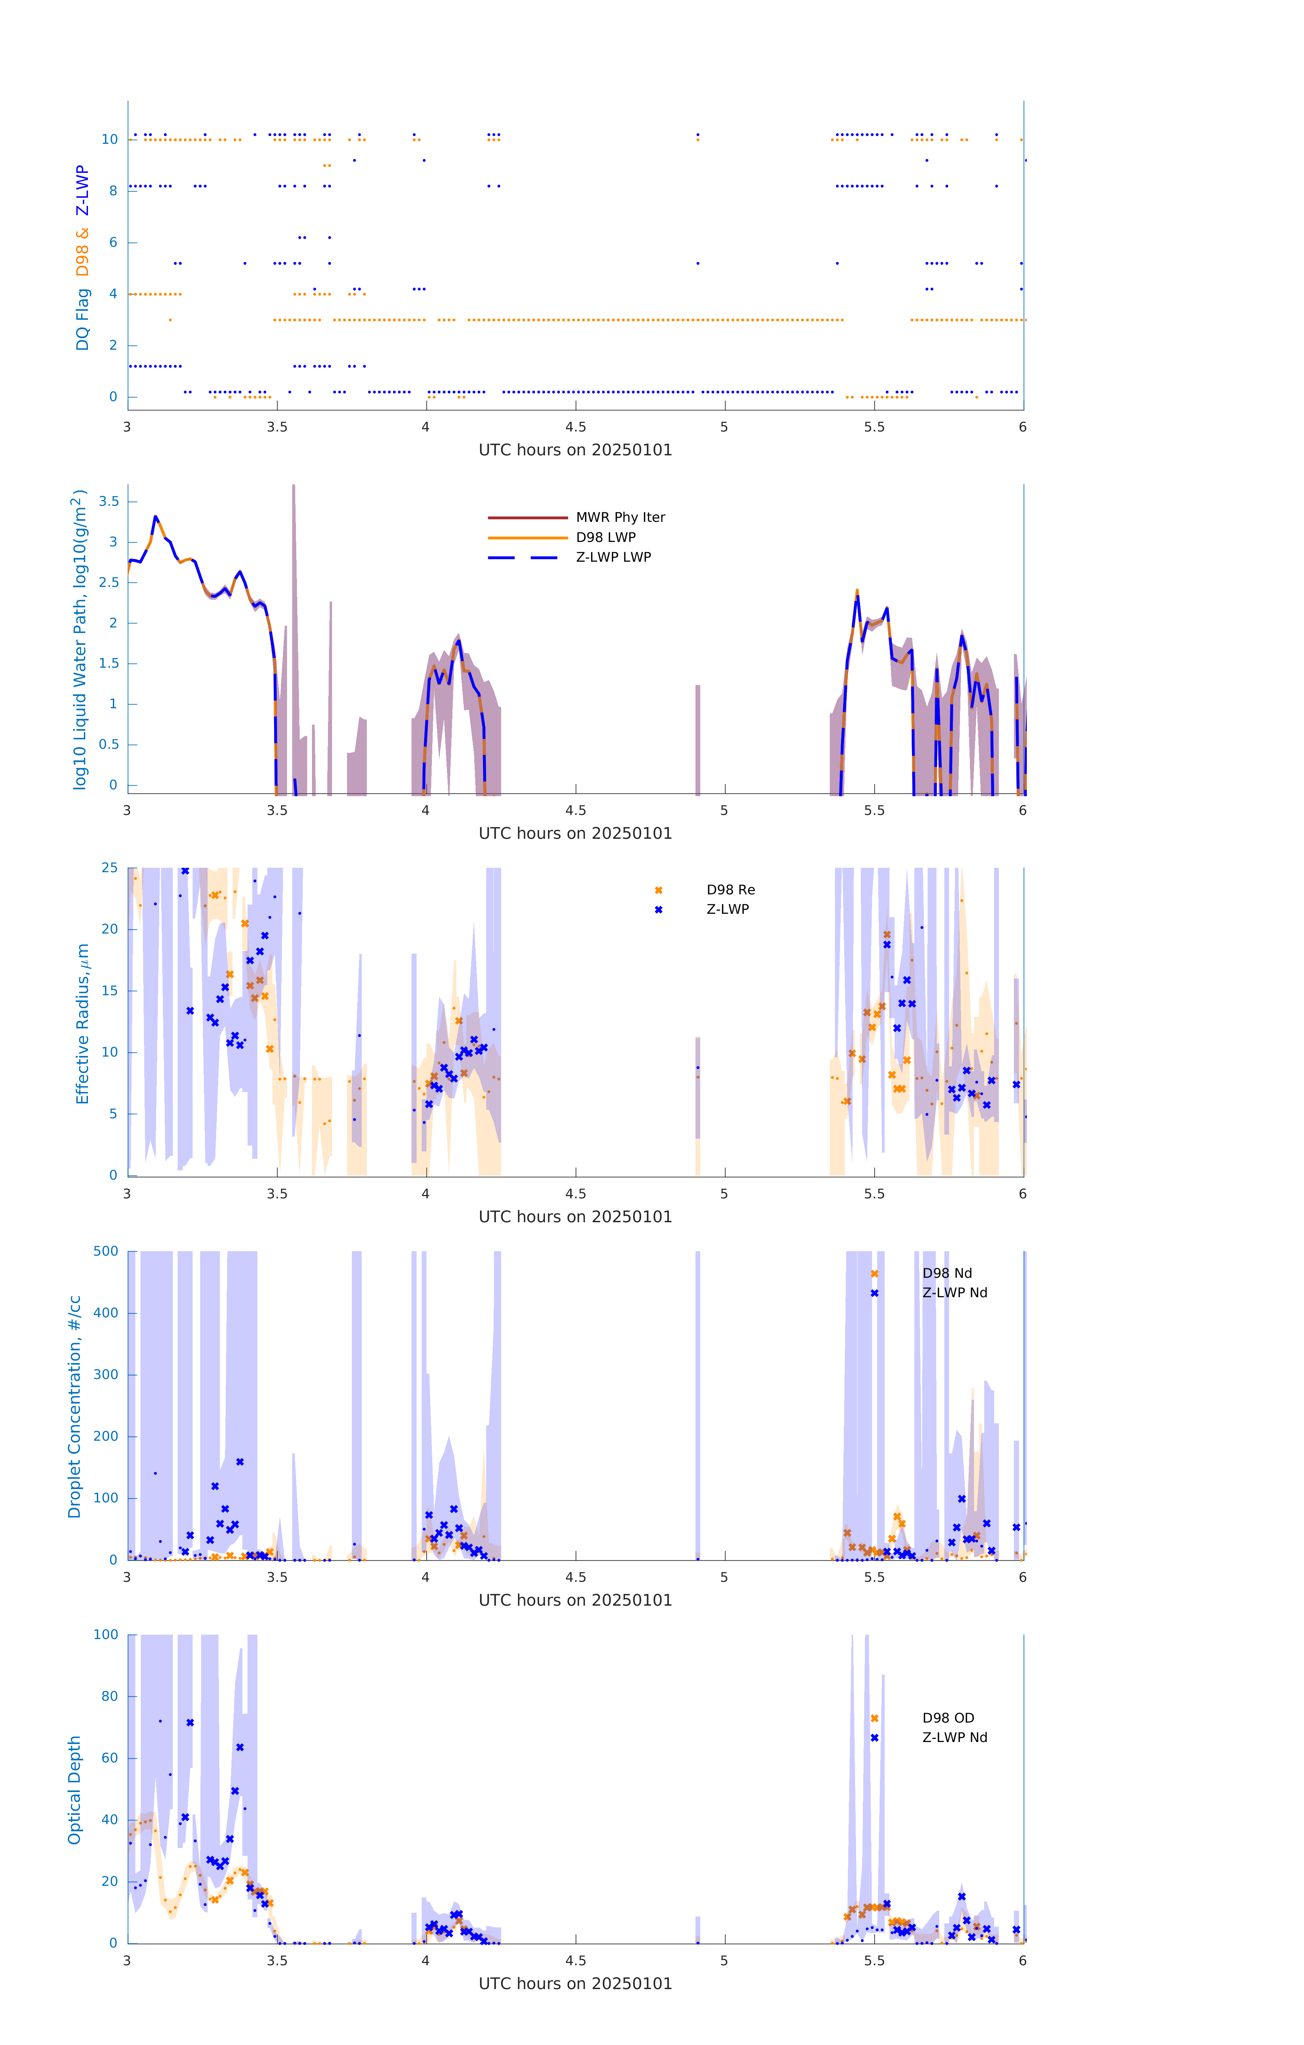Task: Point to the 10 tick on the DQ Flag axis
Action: [109, 139]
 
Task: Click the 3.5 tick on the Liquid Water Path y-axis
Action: [109, 502]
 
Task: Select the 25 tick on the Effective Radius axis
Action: [109, 868]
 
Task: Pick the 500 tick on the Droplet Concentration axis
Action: [106, 1251]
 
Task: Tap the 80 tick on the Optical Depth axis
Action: [109, 1696]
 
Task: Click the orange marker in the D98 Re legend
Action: [658, 890]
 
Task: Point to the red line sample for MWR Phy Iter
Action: [527, 517]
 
